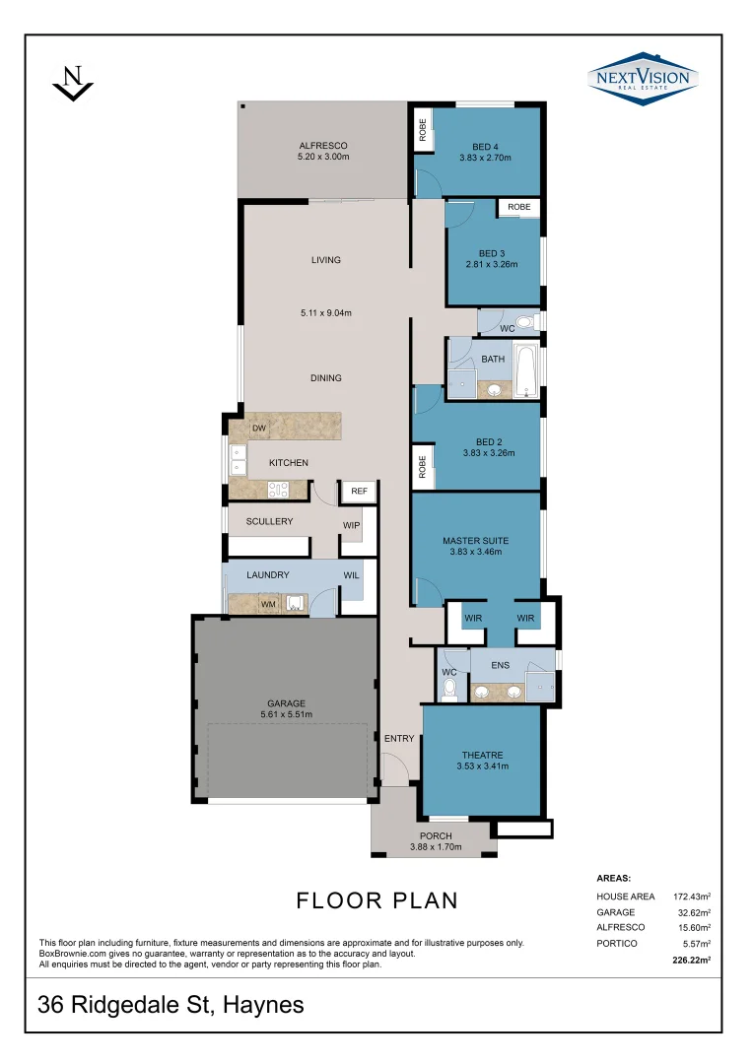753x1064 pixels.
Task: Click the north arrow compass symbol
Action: tap(72, 83)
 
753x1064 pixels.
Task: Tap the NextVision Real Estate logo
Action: tap(643, 78)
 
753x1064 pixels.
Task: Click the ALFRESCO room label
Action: tap(323, 146)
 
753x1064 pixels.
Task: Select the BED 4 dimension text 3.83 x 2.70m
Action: tap(485, 157)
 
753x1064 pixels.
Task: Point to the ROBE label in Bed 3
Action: tap(519, 207)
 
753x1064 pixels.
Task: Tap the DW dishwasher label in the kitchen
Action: tap(259, 429)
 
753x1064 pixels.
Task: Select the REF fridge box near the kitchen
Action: tap(359, 491)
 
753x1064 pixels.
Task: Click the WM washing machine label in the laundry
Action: tap(268, 603)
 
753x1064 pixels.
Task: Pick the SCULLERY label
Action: tap(269, 521)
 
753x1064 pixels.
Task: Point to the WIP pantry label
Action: tap(351, 525)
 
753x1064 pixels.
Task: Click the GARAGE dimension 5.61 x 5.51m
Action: tap(286, 715)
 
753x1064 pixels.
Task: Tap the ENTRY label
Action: tap(399, 738)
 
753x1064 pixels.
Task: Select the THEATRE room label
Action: tap(482, 755)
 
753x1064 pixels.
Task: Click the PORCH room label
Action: tap(436, 836)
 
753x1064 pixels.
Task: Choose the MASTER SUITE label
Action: tap(474, 541)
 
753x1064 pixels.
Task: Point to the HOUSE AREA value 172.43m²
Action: tap(692, 897)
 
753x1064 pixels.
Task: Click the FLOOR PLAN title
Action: tap(376, 899)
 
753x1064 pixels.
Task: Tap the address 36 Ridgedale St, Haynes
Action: tap(171, 1005)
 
